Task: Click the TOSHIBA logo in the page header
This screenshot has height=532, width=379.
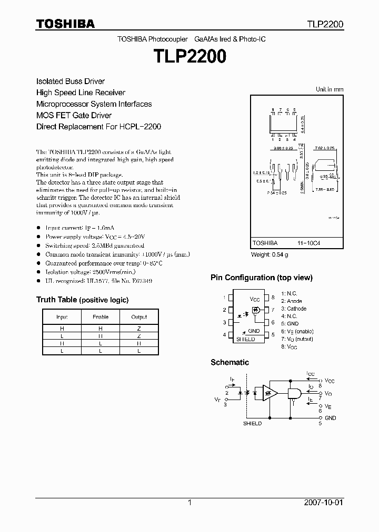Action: click(65, 24)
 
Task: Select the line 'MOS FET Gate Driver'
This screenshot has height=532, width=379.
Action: click(74, 115)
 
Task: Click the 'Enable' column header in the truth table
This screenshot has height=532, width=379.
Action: click(101, 317)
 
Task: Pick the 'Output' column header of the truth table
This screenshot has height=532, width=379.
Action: click(139, 317)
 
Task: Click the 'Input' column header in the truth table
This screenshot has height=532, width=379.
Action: click(62, 317)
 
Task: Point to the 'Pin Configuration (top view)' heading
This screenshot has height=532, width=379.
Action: click(261, 278)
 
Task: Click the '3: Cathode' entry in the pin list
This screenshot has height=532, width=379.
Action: click(294, 309)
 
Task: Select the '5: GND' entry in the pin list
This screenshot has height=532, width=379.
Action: click(290, 324)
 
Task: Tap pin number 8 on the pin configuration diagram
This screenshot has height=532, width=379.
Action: click(273, 298)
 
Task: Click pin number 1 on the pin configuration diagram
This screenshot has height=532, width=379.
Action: click(224, 298)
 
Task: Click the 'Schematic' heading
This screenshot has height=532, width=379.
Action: click(230, 362)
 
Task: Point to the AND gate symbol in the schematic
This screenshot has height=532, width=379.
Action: click(293, 393)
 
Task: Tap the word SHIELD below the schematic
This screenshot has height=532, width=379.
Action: click(252, 423)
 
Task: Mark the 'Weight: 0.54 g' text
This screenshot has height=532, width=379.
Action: click(269, 254)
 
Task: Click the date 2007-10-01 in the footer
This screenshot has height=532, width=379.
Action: click(324, 503)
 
